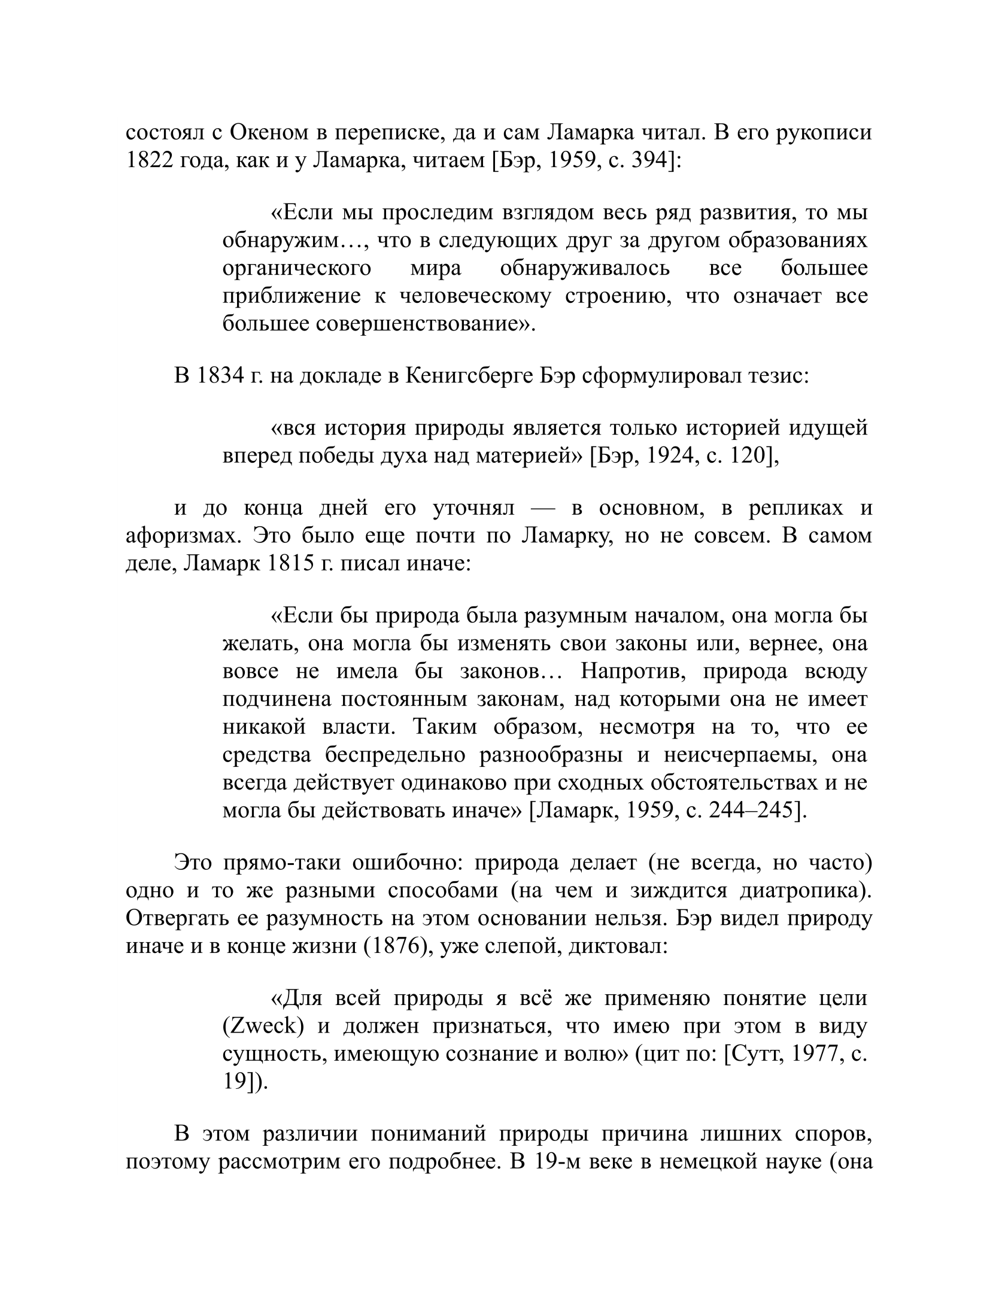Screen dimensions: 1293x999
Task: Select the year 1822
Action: [x=148, y=161]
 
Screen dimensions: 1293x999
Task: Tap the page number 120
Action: [x=749, y=456]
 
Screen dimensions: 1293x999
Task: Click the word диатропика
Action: [x=804, y=891]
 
